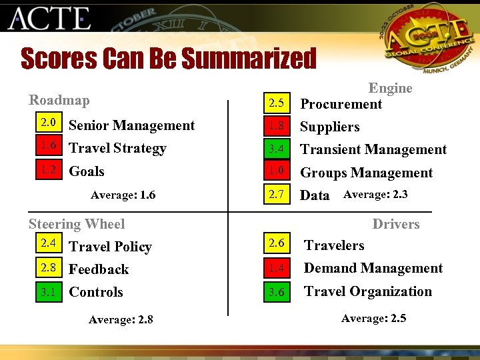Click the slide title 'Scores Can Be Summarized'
[x=168, y=58]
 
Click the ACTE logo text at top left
[x=49, y=19]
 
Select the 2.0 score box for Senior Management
[x=47, y=123]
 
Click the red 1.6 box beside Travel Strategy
[x=47, y=146]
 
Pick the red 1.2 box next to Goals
[x=47, y=170]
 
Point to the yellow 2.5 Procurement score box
[x=277, y=103]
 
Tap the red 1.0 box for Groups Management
[x=277, y=172]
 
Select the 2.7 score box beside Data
[x=277, y=195]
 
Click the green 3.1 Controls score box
[x=47, y=291]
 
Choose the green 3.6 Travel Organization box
[x=277, y=292]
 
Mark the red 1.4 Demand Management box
[x=277, y=269]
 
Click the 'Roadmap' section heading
[x=59, y=100]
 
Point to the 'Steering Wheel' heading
[x=77, y=224]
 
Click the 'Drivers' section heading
[x=396, y=224]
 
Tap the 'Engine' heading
[x=391, y=88]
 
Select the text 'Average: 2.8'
[x=121, y=319]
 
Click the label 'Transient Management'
[x=373, y=149]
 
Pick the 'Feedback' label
[x=99, y=269]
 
